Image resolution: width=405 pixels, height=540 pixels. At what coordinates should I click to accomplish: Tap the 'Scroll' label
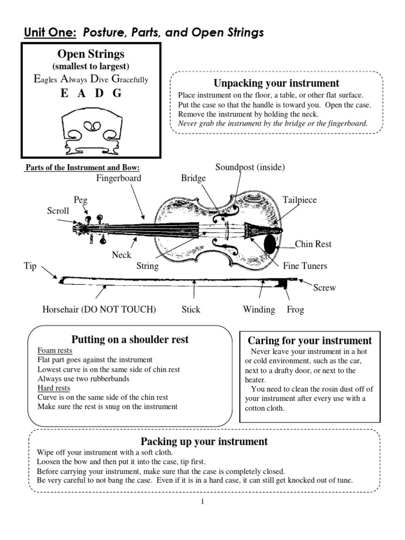[58, 210]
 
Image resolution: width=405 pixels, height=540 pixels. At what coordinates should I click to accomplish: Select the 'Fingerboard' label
[118, 178]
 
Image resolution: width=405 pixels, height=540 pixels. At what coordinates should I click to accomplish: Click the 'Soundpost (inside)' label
[250, 167]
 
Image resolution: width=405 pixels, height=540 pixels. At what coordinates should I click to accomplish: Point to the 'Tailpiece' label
[300, 200]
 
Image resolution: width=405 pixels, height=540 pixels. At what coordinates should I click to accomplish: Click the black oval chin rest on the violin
[269, 244]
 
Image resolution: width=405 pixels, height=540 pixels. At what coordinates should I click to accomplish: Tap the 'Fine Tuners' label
[305, 266]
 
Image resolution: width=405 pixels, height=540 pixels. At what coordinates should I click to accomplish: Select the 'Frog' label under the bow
[295, 310]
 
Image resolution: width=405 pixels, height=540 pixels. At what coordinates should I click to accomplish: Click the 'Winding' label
[258, 310]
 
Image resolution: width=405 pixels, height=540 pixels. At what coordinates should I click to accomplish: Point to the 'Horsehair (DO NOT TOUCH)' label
[99, 310]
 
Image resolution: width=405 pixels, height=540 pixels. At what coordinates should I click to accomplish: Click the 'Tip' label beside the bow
[30, 266]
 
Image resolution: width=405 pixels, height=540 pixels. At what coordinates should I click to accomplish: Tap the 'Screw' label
[324, 288]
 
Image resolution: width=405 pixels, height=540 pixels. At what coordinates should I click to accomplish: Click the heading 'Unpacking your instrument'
[276, 83]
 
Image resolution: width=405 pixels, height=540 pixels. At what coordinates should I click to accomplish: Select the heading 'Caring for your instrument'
[310, 340]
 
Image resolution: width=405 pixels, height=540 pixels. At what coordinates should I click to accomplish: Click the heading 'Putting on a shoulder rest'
[130, 339]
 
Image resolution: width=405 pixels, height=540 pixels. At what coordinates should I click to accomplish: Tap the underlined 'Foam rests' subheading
[55, 350]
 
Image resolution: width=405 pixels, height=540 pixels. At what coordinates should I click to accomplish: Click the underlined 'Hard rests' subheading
[54, 388]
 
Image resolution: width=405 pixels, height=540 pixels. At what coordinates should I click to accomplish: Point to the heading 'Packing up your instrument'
[204, 441]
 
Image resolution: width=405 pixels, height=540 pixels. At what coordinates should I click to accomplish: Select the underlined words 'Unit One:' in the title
[50, 33]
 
